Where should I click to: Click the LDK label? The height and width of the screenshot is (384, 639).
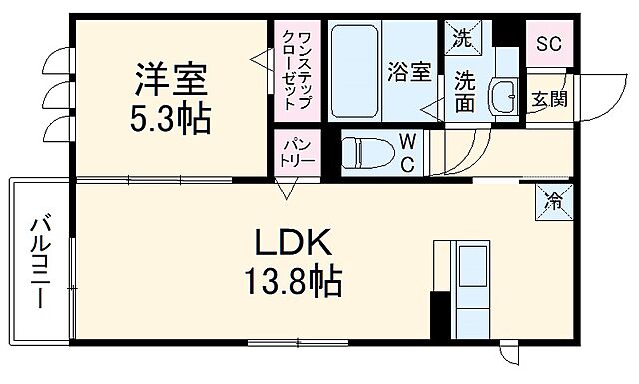pyautogui.click(x=284, y=242)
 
